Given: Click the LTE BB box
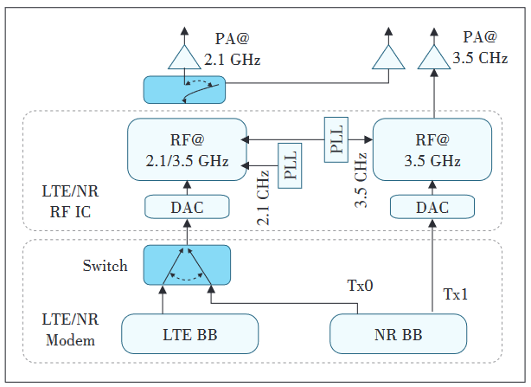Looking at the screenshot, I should point(190,332).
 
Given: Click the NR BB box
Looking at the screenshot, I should point(399,332).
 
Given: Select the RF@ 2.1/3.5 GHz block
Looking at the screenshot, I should point(186,150).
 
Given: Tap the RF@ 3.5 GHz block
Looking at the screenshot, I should point(432,150).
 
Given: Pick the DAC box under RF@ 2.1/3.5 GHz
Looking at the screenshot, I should point(186,207).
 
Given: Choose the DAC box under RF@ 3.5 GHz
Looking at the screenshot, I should point(432,207).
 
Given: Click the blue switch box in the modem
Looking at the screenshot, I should point(186,265).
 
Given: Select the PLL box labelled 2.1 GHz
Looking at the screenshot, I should point(291,163).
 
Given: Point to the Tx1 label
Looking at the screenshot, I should point(456,293).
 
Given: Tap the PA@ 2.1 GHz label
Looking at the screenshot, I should point(232,49).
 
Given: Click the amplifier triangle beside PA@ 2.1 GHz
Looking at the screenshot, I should point(183,56).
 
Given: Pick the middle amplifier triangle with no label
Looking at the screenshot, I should point(387,57).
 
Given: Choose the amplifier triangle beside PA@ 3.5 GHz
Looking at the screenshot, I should point(433,57).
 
